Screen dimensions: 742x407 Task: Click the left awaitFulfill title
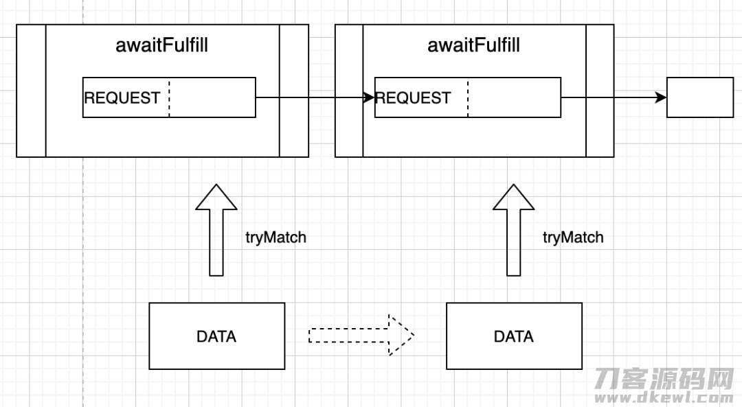tap(162, 45)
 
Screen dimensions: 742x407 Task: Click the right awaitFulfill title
tap(473, 45)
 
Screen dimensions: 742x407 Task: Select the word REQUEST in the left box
tap(122, 98)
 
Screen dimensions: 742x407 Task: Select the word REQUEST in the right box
tap(413, 98)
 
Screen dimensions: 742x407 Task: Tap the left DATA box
tap(216, 336)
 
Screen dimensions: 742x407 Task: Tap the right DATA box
tap(514, 336)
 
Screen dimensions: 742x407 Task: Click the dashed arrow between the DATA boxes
tap(361, 335)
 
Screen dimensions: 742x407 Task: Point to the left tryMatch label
tap(276, 237)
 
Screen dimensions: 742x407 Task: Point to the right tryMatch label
tap(573, 237)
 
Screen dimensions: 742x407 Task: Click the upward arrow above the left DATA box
tap(216, 230)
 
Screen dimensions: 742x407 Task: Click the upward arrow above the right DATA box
tap(513, 230)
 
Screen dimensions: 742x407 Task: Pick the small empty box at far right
tap(700, 97)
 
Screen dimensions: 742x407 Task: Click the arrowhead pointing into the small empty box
tap(661, 98)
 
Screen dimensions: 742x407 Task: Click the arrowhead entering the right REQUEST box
tap(369, 98)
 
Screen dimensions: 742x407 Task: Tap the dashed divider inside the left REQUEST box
tap(169, 98)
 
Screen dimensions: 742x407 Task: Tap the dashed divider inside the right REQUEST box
tap(468, 98)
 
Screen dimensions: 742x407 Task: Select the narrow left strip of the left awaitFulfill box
tap(31, 91)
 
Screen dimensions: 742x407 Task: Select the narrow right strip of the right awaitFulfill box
tap(600, 91)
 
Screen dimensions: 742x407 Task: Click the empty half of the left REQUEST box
tap(212, 98)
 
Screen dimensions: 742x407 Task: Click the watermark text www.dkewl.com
tap(664, 397)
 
